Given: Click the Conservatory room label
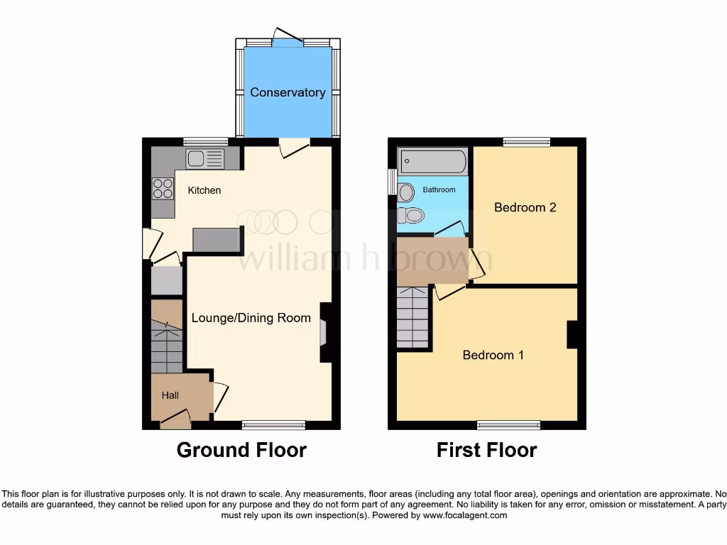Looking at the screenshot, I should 288,92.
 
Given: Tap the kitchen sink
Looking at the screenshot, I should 204,159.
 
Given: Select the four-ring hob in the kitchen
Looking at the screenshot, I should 163,188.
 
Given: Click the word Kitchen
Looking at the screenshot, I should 204,190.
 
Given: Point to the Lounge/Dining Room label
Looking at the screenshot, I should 251,318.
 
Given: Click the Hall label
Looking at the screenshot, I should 170,395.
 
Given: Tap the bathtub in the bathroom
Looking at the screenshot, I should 432,162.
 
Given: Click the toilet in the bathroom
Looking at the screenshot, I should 411,214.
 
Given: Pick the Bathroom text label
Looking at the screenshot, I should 439,190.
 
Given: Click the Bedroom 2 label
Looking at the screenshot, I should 525,207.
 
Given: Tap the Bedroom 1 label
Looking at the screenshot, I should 493,355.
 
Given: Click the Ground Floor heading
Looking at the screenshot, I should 241,450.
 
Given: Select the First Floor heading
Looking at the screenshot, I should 486,450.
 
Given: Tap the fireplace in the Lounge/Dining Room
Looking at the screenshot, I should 324,333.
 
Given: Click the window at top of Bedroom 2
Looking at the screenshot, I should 527,142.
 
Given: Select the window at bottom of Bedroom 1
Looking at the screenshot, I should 508,425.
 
